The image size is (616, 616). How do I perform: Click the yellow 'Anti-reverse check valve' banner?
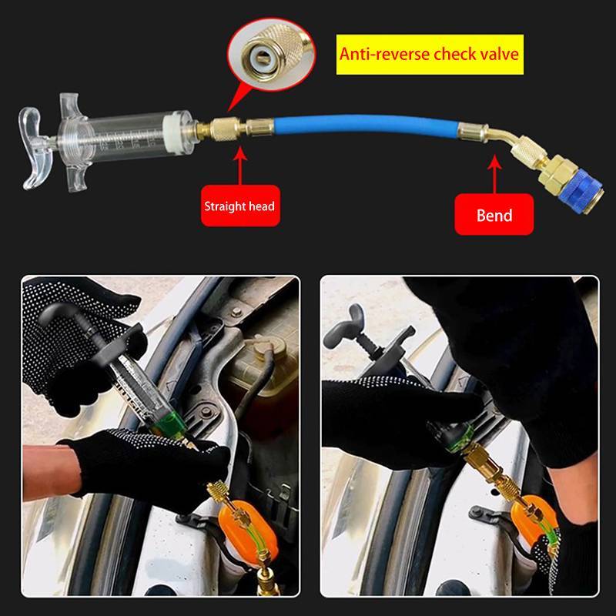[430, 54]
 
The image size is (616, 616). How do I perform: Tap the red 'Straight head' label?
[240, 206]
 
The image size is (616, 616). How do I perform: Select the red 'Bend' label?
[494, 215]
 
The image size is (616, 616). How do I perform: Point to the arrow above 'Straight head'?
[240, 165]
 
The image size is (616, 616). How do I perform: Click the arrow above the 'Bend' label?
[494, 174]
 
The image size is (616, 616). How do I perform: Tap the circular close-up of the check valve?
[271, 54]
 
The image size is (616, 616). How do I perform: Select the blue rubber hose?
[365, 125]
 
